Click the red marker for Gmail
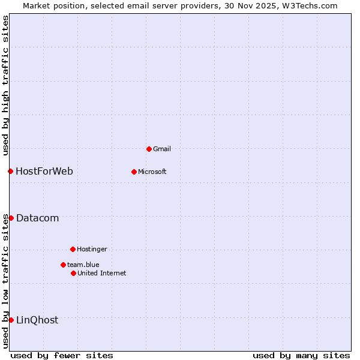coord(149,149)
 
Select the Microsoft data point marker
coord(134,172)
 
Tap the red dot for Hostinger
coord(73,249)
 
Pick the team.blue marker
coord(63,265)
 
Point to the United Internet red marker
coord(73,273)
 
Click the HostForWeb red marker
coord(10,171)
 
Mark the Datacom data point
coord(11,218)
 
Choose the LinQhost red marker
coord(11,320)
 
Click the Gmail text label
coord(162,149)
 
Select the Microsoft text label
coord(152,172)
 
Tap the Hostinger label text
coord(92,249)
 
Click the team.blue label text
coord(83,265)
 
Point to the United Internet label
coord(102,273)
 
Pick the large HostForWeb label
coord(44,171)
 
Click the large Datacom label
coord(38,218)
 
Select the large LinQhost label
coord(37,320)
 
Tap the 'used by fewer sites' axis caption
coord(62,355)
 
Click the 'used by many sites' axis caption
coord(301,355)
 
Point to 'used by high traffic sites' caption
coord(5,86)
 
